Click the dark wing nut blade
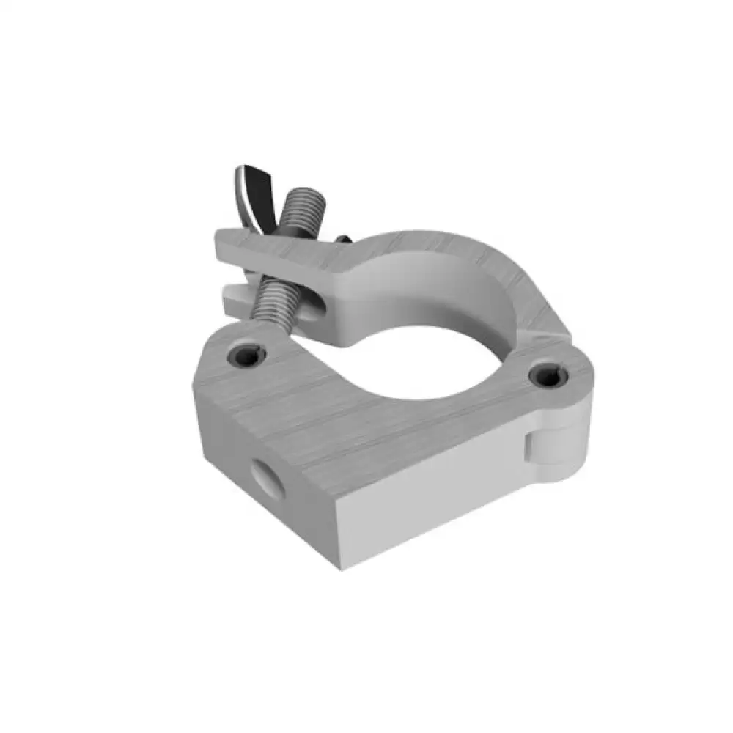tap(253, 192)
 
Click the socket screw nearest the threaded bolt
tap(246, 356)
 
